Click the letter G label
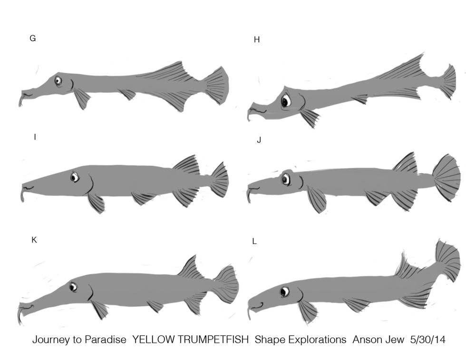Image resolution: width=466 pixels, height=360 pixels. pos(33,39)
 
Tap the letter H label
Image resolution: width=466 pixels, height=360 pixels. pos(257,39)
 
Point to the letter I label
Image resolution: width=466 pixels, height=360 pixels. pos(35,137)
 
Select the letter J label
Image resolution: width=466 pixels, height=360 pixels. pos(259,140)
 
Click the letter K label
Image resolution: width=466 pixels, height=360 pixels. pos(34,240)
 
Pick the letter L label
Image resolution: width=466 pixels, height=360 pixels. pos(254,242)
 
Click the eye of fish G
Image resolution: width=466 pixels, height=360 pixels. pos(58,80)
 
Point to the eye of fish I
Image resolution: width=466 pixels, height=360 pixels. pos(75,177)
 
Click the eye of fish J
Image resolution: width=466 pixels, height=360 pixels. pos(286,179)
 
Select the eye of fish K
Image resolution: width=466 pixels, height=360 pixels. pos(73,287)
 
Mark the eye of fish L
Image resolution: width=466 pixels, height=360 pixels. pos(284,292)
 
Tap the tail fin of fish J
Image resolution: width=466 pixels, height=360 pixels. pos(447,178)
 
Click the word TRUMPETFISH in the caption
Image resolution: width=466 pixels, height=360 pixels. pos(190,339)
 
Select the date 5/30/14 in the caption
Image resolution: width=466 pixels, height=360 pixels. pos(427,339)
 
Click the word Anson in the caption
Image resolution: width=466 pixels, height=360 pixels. pos(366,339)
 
